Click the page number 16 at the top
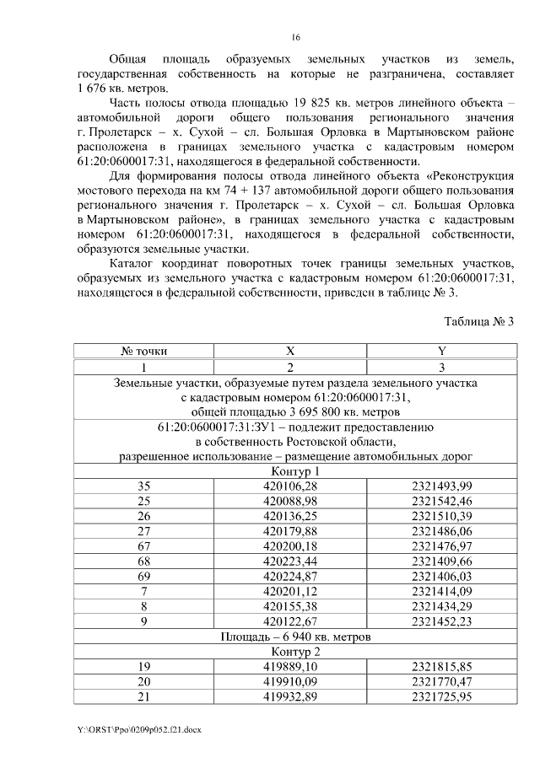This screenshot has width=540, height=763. click(295, 37)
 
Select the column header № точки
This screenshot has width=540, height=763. click(143, 350)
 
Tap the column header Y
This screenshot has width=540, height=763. click(441, 350)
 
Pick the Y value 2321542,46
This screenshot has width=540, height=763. click(441, 501)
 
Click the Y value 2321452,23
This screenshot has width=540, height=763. click(441, 622)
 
